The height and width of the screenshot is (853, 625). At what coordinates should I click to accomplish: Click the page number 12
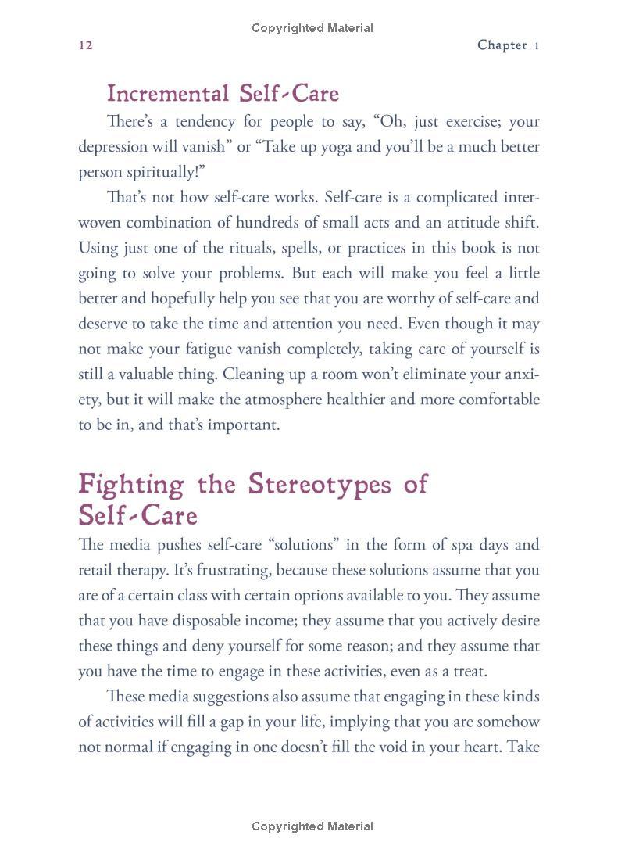(x=86, y=45)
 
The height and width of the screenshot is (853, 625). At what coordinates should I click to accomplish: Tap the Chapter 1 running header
(x=509, y=45)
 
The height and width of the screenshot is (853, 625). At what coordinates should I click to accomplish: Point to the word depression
(x=115, y=147)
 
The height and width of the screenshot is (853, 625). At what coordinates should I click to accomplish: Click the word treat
(x=467, y=671)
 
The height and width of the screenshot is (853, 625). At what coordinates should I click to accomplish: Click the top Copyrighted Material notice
(x=312, y=28)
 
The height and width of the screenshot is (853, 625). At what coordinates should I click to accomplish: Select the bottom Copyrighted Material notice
(x=312, y=826)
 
